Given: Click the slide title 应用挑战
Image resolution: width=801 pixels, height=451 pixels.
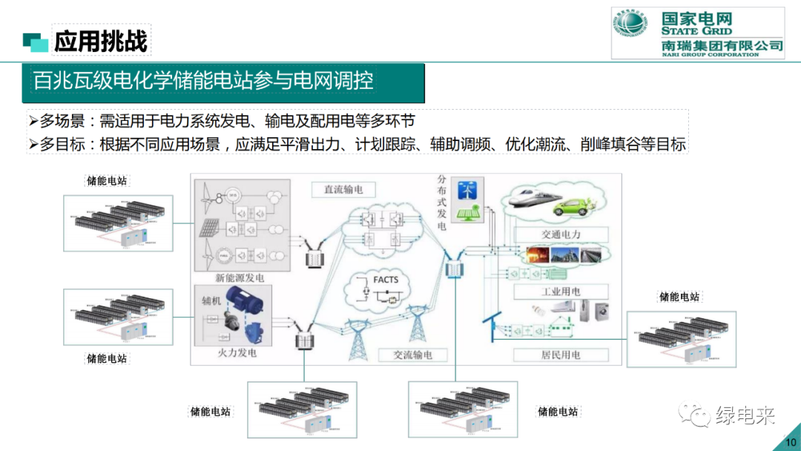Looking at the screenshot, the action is [x=101, y=41].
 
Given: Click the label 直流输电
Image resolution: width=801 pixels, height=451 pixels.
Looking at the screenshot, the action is [x=343, y=189].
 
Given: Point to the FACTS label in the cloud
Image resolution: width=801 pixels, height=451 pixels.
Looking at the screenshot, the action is [x=386, y=280].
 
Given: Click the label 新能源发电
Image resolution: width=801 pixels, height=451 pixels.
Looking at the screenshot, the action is [x=240, y=278].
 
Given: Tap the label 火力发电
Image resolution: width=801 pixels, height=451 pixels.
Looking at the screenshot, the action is [x=236, y=353].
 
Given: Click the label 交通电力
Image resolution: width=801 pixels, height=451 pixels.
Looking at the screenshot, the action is [x=561, y=234].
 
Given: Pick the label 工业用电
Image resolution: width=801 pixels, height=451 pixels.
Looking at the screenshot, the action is [x=560, y=292].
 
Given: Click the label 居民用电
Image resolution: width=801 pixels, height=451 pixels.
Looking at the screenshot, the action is [x=560, y=355].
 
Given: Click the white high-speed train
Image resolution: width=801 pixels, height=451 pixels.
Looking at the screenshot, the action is [x=529, y=198].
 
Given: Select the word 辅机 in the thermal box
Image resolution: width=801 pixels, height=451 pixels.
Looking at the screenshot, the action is [x=212, y=302].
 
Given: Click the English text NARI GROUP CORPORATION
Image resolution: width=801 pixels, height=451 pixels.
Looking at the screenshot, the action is [x=711, y=54].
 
